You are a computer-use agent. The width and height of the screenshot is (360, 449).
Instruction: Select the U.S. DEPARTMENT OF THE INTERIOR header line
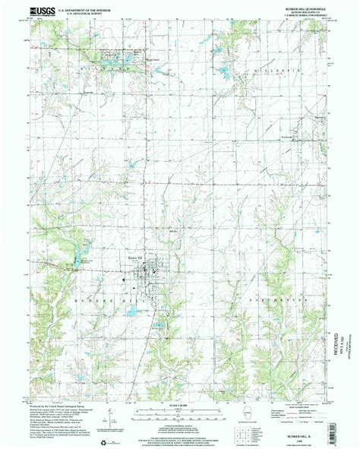coord(87,10)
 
